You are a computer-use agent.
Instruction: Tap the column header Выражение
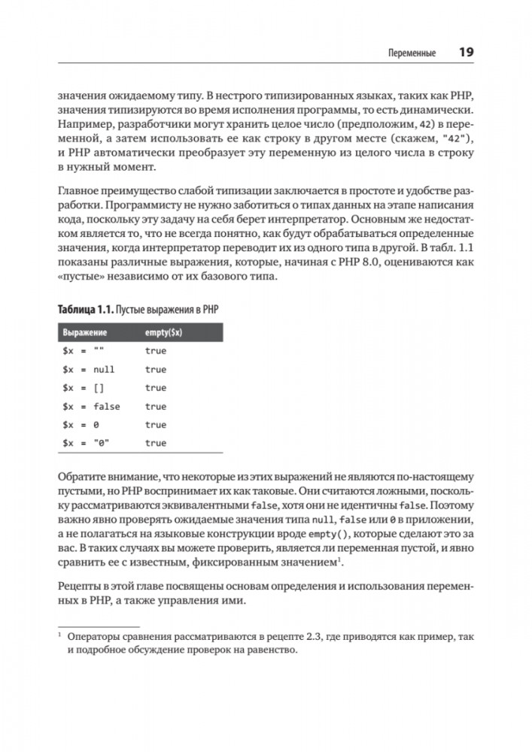84,332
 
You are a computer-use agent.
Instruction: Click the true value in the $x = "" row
156,351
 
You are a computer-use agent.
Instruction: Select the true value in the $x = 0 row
156,425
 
